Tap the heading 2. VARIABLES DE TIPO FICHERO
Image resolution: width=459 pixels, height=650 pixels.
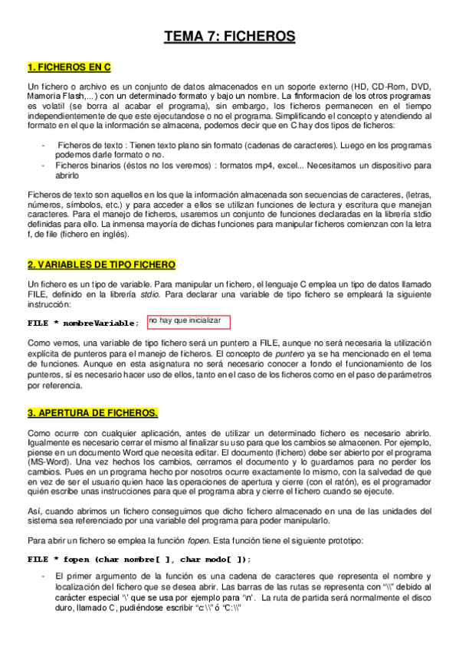[101, 264]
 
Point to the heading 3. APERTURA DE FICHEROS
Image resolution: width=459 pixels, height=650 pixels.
[92, 413]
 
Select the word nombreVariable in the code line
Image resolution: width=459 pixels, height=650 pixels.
[101, 323]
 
